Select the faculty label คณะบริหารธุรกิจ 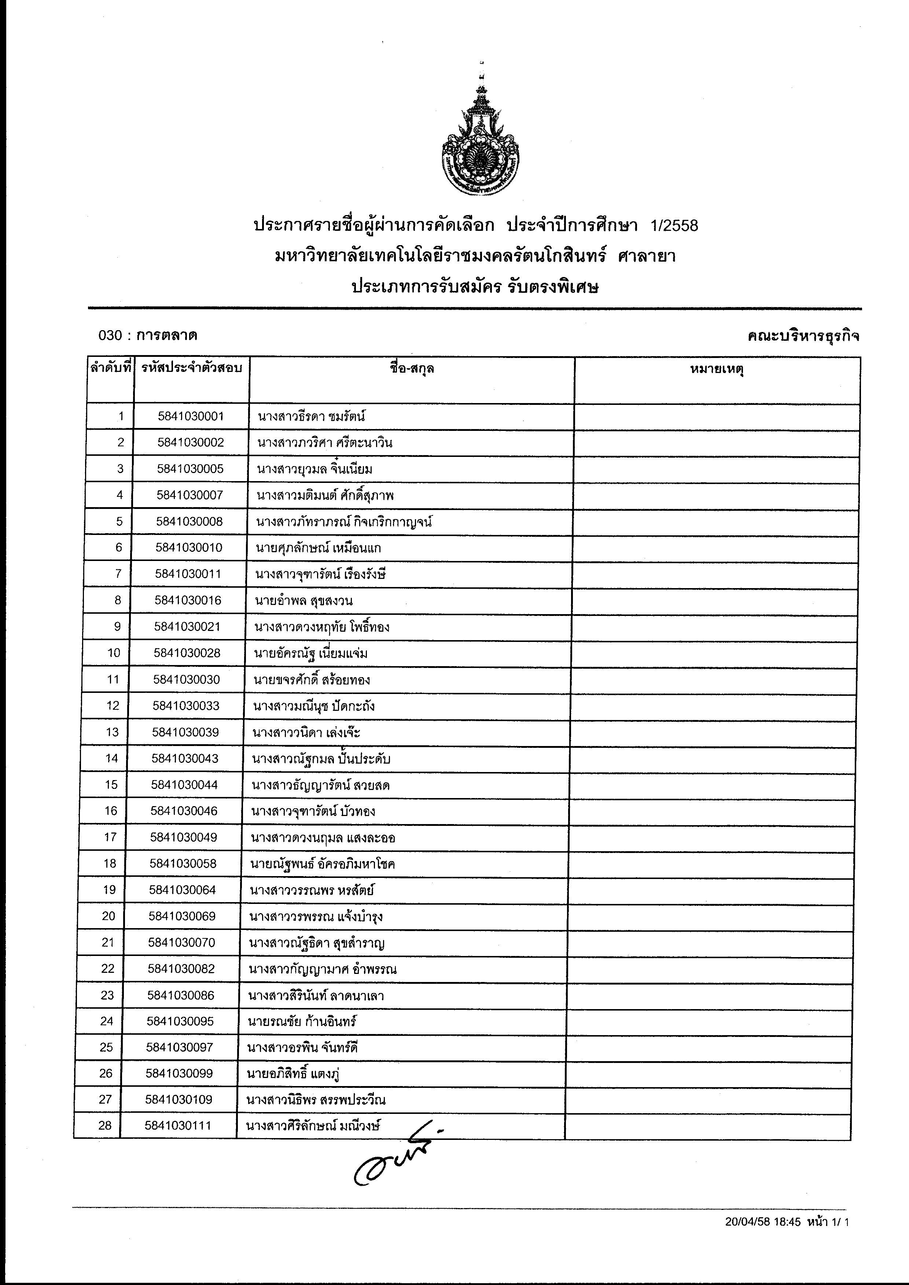coord(804,336)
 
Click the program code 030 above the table coord(110,335)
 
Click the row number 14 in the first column coord(111,758)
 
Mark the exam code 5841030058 coord(183,864)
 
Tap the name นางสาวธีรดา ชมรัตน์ coord(312,416)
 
